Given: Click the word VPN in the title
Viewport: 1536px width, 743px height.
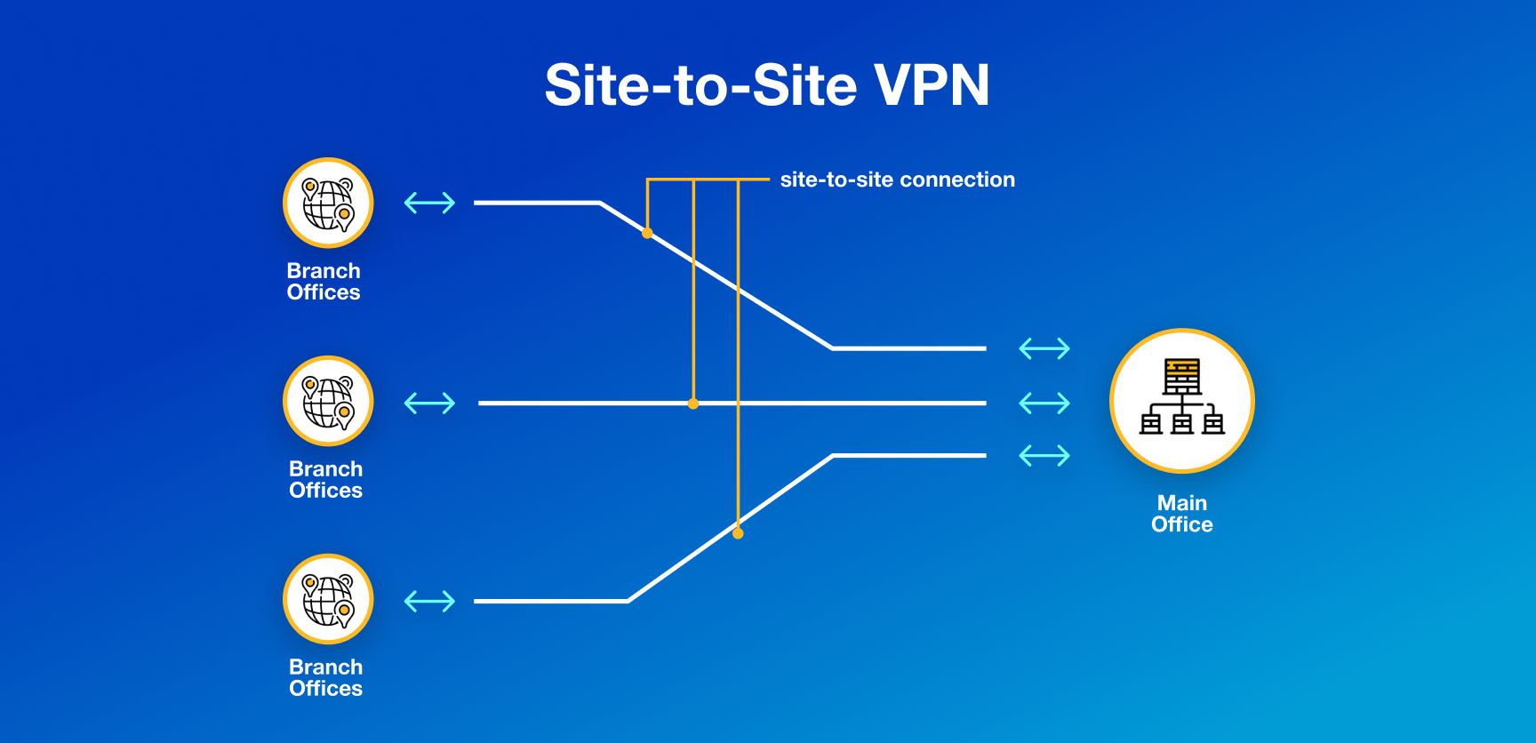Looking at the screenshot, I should pyautogui.click(x=932, y=85).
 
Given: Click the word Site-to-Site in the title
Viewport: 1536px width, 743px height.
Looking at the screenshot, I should pyautogui.click(x=700, y=85).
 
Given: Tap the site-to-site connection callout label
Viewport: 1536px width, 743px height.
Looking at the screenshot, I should pyautogui.click(x=897, y=180).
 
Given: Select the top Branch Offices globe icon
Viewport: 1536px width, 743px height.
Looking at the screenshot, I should pyautogui.click(x=328, y=203).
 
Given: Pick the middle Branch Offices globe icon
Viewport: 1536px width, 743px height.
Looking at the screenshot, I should pyautogui.click(x=328, y=401).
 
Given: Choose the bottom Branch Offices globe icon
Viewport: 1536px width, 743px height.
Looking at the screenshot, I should pyautogui.click(x=328, y=599).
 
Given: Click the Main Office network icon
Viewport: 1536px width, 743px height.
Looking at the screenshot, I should pyautogui.click(x=1181, y=400).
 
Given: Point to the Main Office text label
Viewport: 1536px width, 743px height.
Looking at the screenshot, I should pyautogui.click(x=1181, y=514).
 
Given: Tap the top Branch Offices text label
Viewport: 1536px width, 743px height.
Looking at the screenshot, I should pyautogui.click(x=324, y=282).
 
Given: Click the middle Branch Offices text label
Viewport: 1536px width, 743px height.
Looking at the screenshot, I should pyautogui.click(x=325, y=480).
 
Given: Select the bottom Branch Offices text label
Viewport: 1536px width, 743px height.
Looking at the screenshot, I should pyautogui.click(x=325, y=678).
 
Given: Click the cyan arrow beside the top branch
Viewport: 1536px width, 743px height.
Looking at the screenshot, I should pyautogui.click(x=429, y=203).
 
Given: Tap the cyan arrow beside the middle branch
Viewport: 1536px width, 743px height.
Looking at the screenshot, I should pyautogui.click(x=429, y=403).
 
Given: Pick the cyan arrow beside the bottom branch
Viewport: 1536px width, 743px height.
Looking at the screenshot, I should pyautogui.click(x=429, y=602).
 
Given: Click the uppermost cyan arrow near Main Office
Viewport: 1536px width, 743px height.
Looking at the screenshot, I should pyautogui.click(x=1044, y=348).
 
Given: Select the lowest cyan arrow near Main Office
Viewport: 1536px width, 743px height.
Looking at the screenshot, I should pyautogui.click(x=1044, y=456).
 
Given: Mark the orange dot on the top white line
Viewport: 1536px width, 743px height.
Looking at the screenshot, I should pyautogui.click(x=647, y=233).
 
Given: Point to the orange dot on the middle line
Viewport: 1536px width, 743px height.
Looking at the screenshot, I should pyautogui.click(x=693, y=403).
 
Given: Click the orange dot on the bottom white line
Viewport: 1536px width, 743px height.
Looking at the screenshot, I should pyautogui.click(x=738, y=533).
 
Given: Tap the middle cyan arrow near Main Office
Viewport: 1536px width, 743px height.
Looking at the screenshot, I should pyautogui.click(x=1044, y=403).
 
